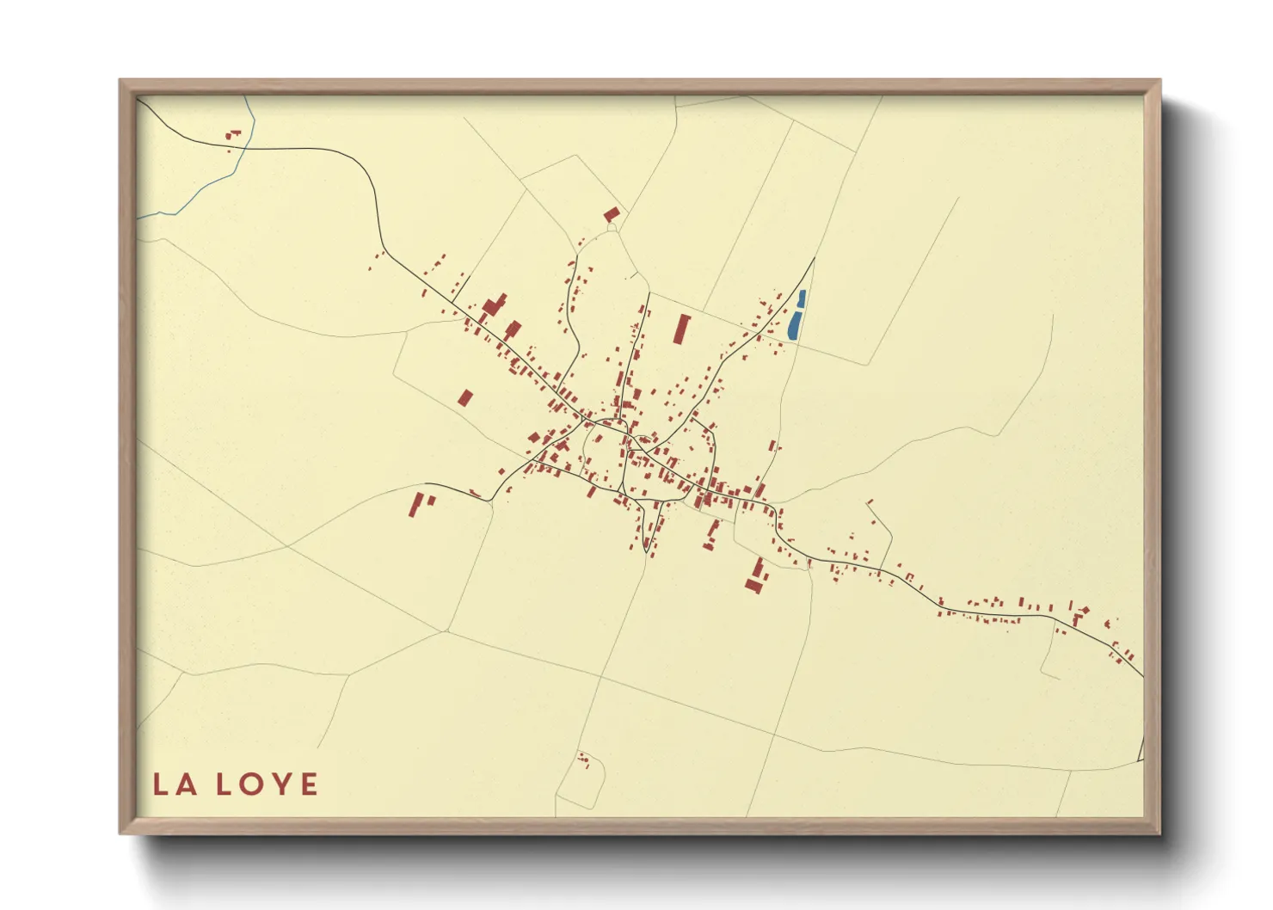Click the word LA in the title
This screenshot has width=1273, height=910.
pos(175,784)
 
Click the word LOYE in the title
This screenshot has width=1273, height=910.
pos(267,784)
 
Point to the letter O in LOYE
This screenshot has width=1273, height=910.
pos(250,784)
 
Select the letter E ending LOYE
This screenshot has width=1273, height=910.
pos(308,784)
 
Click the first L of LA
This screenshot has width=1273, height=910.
pos(161,784)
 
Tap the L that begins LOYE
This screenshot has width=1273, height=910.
pos(223,784)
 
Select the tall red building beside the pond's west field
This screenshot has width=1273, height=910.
pos(681,329)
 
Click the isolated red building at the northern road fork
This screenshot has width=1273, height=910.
pos(612,213)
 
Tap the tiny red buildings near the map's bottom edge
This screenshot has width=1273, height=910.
pos(584,759)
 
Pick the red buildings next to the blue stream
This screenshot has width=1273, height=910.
pos(233,135)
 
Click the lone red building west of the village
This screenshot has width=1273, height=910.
pos(465,397)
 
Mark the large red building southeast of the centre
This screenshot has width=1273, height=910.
pos(756,575)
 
